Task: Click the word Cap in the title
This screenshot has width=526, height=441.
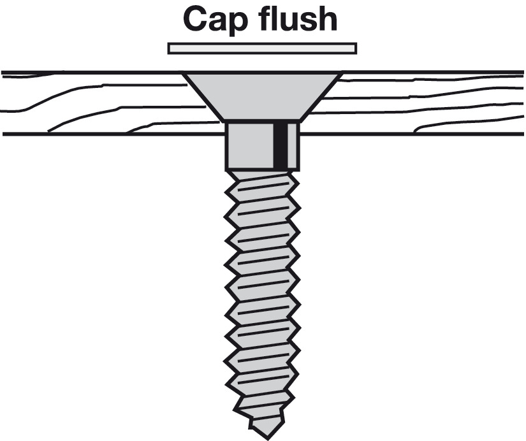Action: [x=213, y=20]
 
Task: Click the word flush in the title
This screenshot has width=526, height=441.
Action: [x=293, y=19]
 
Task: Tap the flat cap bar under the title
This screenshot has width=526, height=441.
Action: [x=262, y=48]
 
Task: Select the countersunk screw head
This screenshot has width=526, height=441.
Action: [x=262, y=96]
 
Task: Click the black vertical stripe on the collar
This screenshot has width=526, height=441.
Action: [x=279, y=145]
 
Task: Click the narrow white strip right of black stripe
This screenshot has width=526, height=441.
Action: [x=291, y=145]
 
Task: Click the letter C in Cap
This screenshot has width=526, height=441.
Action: [x=196, y=20]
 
